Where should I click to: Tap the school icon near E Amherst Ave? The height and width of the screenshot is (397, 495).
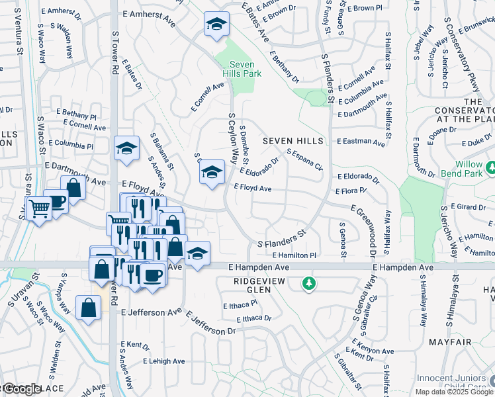tap(216, 25)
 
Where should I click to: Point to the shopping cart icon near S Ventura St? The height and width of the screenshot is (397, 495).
tap(39, 209)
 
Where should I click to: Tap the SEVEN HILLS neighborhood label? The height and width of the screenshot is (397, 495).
tap(293, 141)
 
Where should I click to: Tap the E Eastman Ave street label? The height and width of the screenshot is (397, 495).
tap(361, 142)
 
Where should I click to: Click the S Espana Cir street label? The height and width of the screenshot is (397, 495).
tap(304, 159)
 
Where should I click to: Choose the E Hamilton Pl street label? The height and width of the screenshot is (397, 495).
tap(294, 255)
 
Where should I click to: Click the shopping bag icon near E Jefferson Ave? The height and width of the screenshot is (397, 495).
tap(88, 308)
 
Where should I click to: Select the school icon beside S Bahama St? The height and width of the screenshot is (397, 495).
tap(126, 150)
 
